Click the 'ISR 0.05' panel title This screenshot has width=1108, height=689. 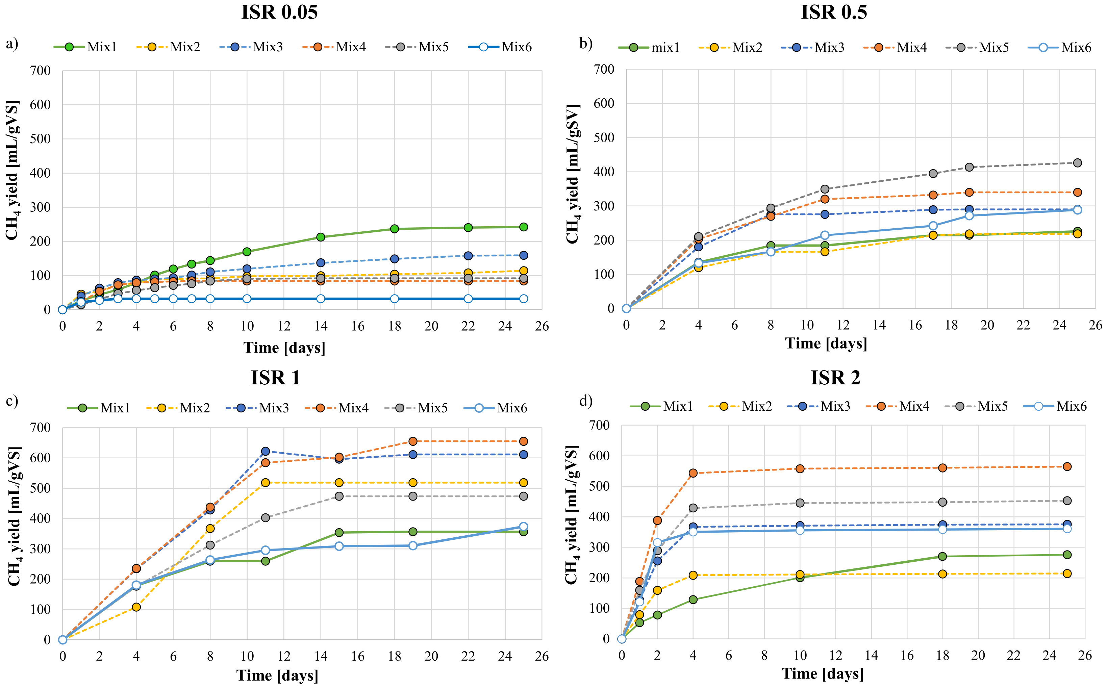(x=279, y=12)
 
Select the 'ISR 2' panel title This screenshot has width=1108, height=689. (x=835, y=378)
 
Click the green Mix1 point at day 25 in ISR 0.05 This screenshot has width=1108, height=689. (x=524, y=227)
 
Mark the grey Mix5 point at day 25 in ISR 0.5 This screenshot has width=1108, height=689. (x=1078, y=163)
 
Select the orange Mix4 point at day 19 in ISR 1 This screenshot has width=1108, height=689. (x=413, y=441)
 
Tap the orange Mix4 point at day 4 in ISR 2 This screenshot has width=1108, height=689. (x=693, y=473)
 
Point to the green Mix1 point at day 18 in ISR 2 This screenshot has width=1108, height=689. (x=942, y=556)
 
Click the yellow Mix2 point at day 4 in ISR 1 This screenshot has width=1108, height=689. (x=136, y=607)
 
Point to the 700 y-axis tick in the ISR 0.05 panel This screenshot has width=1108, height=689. (x=40, y=71)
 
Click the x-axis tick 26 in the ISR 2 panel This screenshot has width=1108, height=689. (x=1085, y=655)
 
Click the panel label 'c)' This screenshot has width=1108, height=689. (x=12, y=401)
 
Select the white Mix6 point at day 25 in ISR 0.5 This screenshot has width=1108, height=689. (x=1078, y=210)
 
